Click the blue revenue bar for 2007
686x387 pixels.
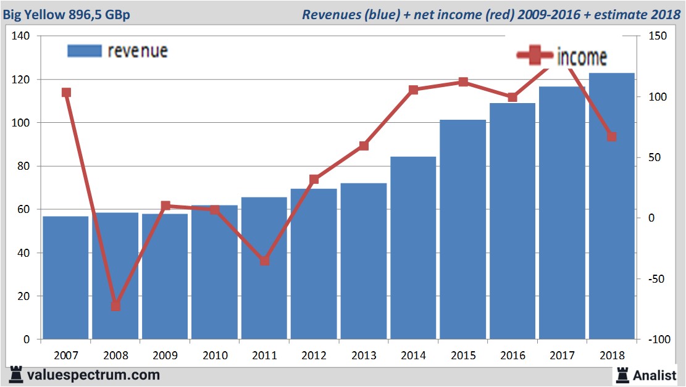click(65, 278)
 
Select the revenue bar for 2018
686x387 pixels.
click(611, 207)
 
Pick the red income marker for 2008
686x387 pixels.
click(115, 306)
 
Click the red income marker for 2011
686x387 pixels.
click(264, 261)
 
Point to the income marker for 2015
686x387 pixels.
click(463, 82)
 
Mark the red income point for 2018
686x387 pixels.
click(611, 136)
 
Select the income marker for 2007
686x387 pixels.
click(66, 93)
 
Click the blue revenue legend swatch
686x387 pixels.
click(84, 51)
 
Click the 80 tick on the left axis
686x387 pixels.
click(24, 166)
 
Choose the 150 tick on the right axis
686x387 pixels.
click(656, 36)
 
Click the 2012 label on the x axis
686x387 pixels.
click(314, 356)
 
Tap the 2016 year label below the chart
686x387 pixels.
click(512, 356)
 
